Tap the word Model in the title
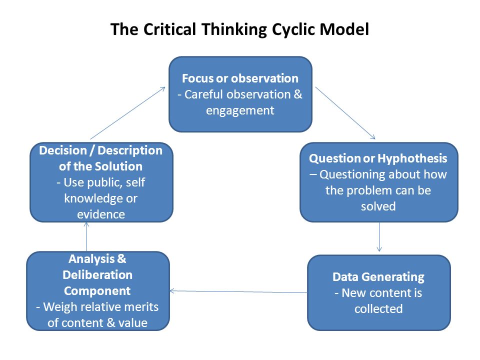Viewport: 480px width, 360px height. (x=344, y=29)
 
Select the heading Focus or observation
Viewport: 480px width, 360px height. (x=240, y=78)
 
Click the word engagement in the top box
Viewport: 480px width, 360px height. (x=240, y=110)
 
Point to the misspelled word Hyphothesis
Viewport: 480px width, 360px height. (x=412, y=158)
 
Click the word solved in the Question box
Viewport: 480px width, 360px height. (x=378, y=206)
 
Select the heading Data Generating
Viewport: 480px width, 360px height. (x=378, y=277)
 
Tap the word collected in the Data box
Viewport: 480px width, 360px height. (x=378, y=309)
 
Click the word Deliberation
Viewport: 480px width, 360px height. (x=97, y=275)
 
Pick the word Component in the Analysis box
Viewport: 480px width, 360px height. (x=97, y=291)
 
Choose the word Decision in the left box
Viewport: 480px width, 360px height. (x=63, y=150)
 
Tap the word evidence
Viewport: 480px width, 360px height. (x=101, y=214)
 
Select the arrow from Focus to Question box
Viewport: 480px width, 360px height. (x=345, y=113)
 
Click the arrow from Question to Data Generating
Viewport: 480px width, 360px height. (x=379, y=237)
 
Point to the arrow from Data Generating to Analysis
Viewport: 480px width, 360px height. (x=238, y=291)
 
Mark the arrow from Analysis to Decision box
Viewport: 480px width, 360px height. (x=86, y=236)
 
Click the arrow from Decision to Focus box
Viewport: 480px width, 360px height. (x=127, y=113)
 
